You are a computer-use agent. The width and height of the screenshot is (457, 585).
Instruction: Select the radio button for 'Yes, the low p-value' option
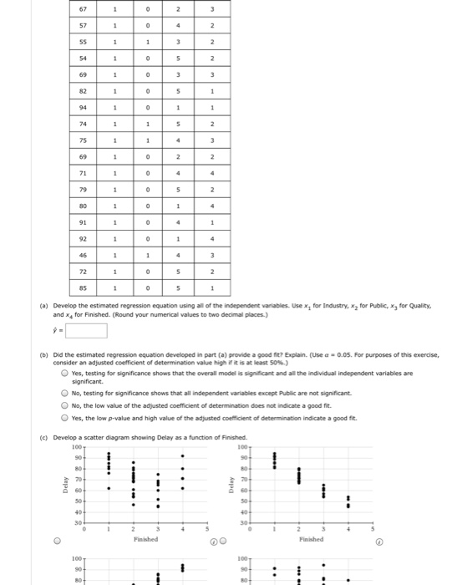coord(63,419)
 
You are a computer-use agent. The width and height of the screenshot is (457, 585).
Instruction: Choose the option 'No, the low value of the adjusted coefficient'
coord(63,405)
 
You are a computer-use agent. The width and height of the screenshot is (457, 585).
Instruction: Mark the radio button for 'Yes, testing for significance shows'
coord(63,374)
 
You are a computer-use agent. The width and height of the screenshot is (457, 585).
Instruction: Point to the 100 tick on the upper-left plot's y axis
coord(77,449)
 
